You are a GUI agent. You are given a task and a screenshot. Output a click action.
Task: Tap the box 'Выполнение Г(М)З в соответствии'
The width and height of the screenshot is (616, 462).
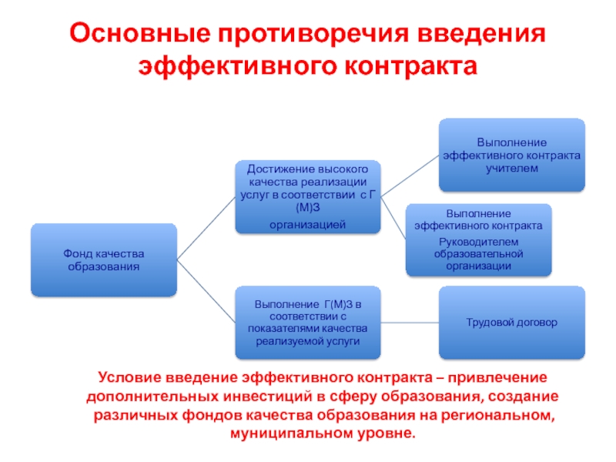point(308,323)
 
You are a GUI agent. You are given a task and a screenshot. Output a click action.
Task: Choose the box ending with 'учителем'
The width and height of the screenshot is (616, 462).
point(512,155)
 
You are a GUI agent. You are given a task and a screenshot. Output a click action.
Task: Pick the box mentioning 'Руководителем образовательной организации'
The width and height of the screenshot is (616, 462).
point(479,239)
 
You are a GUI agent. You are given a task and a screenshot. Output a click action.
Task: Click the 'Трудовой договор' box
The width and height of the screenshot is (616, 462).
point(512,323)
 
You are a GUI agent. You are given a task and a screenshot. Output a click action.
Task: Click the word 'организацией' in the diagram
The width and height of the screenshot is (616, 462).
point(308,224)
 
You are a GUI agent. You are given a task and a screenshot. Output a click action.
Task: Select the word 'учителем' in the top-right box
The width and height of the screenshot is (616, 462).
point(512,168)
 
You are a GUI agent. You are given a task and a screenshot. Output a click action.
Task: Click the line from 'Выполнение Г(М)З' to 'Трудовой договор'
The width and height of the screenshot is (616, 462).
point(410,323)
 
